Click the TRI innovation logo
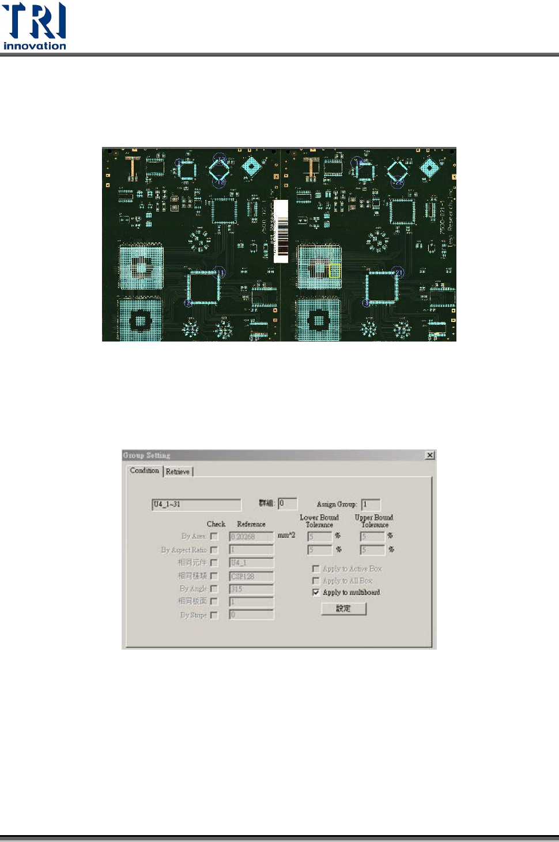coord(35,26)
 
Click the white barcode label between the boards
coord(281,230)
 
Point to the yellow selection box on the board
coord(334,271)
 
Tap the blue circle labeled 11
coord(220,273)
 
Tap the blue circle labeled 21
coord(399,273)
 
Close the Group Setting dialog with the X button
coord(429,456)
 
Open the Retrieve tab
coord(177,472)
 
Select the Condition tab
coord(144,471)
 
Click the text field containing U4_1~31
coord(196,505)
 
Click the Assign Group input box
coord(371,505)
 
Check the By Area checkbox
coord(214,536)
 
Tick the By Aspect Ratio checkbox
coord(214,550)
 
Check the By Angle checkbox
coord(214,589)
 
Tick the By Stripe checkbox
coord(214,615)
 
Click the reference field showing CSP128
coord(251,576)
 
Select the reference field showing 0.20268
coord(251,537)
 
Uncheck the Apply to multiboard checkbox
coord(316,592)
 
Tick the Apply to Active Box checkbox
coord(316,568)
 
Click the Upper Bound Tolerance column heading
coord(374,521)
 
